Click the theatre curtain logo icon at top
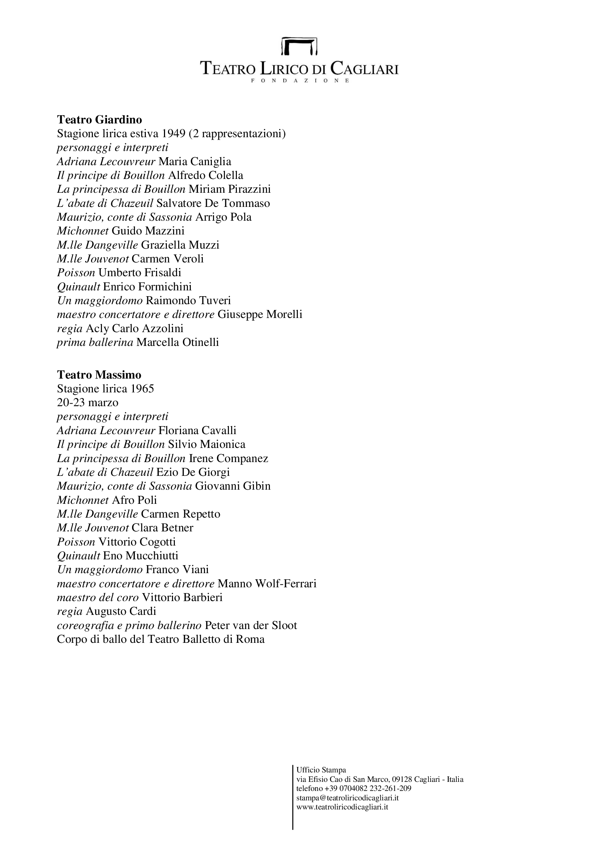click(x=299, y=46)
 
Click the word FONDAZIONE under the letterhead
click(x=300, y=81)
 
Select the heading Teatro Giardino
click(x=99, y=119)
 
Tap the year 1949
click(x=174, y=134)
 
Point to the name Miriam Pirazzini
click(x=229, y=189)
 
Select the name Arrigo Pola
click(x=223, y=217)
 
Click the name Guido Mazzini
click(x=148, y=231)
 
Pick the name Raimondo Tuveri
click(x=188, y=300)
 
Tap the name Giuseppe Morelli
click(x=260, y=314)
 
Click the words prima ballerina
click(x=95, y=342)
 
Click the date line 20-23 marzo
click(x=87, y=402)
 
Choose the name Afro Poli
click(x=134, y=500)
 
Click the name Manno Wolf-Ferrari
click(x=267, y=584)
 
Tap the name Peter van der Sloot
click(x=251, y=625)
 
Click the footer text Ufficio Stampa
click(x=321, y=770)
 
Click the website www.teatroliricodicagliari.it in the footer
click(x=342, y=807)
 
